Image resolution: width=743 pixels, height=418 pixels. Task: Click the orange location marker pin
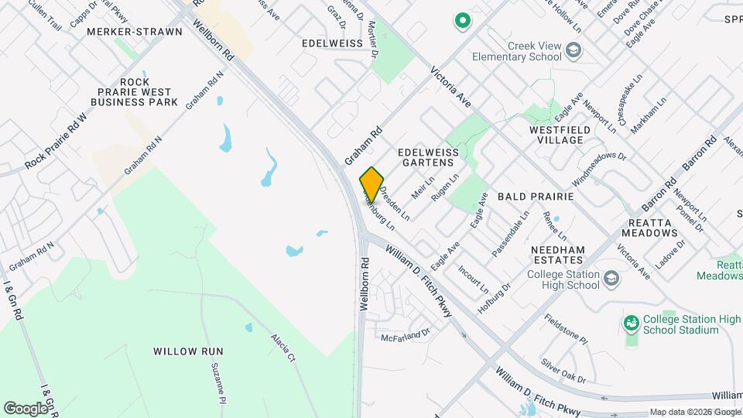click(x=372, y=185)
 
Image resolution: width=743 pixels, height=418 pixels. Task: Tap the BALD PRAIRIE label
click(x=535, y=197)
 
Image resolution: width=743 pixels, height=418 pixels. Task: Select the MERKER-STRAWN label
click(x=135, y=32)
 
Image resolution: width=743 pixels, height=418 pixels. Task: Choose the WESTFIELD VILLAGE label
click(x=567, y=135)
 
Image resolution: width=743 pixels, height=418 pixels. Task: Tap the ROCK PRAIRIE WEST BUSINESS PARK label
click(x=135, y=92)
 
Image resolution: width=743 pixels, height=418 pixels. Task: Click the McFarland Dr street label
click(x=405, y=336)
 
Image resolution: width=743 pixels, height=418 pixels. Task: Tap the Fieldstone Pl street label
click(x=566, y=330)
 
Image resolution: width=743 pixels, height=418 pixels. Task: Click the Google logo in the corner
click(x=26, y=408)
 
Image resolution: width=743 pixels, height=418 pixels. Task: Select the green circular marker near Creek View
click(x=462, y=21)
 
